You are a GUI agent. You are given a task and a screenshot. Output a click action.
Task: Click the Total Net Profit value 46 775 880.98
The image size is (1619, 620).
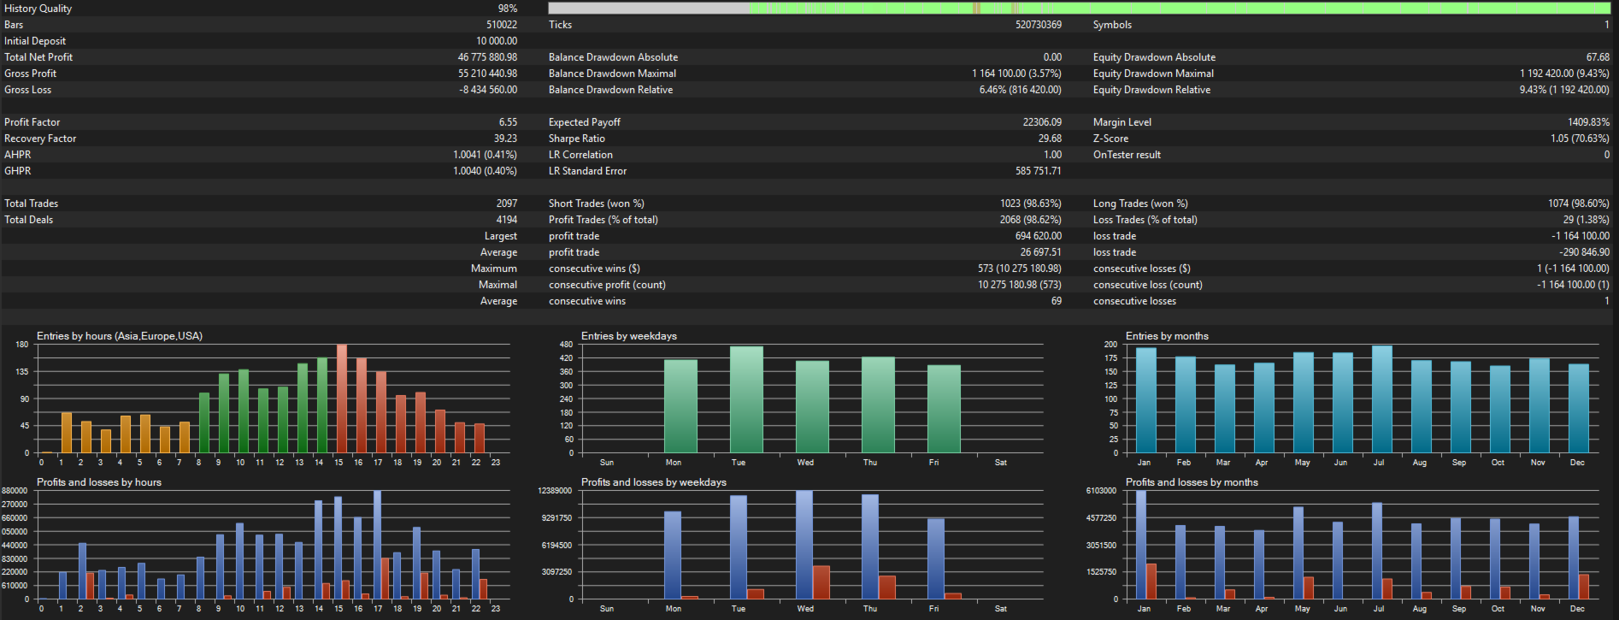click(x=487, y=57)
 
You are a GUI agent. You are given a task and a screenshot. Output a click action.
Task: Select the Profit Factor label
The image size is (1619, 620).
click(x=32, y=122)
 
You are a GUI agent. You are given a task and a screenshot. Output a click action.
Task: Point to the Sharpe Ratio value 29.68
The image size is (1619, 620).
click(x=1050, y=139)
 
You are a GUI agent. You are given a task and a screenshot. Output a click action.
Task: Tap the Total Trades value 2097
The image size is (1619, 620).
click(x=507, y=204)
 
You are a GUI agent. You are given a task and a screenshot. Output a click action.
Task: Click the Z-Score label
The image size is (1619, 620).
click(x=1110, y=139)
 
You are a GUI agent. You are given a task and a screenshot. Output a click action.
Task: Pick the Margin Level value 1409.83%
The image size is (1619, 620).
click(x=1588, y=122)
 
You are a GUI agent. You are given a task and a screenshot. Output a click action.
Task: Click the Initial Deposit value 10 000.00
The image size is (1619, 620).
click(x=497, y=41)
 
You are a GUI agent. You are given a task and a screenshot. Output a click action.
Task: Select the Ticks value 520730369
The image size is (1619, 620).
click(x=1039, y=25)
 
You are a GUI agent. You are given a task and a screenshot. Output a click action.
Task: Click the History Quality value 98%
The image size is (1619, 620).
click(x=508, y=9)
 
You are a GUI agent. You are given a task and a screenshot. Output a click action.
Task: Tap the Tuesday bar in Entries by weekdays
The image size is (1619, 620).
click(x=746, y=399)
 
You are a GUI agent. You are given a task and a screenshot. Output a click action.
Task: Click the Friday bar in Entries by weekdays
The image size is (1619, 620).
click(x=944, y=409)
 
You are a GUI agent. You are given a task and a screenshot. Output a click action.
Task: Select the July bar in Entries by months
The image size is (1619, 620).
click(x=1381, y=399)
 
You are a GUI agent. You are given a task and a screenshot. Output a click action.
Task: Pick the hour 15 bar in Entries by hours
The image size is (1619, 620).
click(x=341, y=399)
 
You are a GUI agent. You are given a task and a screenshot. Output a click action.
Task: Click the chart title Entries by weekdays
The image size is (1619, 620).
click(x=629, y=336)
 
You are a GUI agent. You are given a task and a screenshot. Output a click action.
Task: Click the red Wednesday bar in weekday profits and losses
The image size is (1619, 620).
click(x=821, y=582)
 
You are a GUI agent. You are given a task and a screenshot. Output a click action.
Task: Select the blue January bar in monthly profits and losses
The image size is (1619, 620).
click(x=1141, y=545)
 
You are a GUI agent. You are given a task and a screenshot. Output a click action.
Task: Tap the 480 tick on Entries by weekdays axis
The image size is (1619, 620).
click(x=566, y=345)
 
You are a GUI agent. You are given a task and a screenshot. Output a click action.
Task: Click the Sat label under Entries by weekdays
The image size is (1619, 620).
click(x=1001, y=463)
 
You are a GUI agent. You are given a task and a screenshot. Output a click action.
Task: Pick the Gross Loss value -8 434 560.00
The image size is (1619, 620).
click(x=488, y=90)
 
